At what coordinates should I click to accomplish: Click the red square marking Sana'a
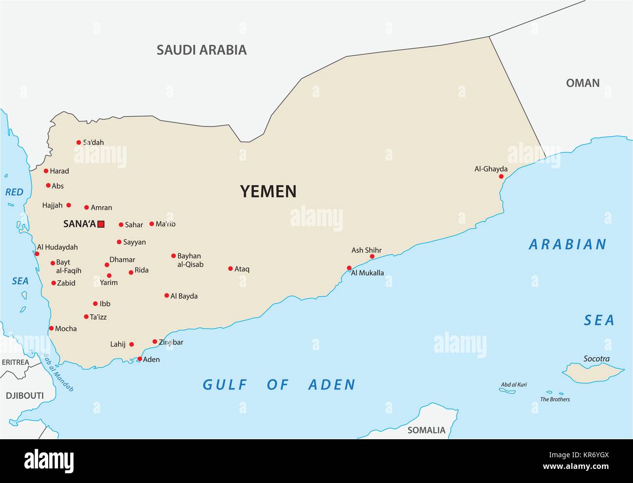click(x=101, y=224)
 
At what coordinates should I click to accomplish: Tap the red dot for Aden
click(x=140, y=359)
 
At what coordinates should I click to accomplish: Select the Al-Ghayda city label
click(x=491, y=169)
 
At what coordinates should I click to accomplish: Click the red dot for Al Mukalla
click(x=349, y=268)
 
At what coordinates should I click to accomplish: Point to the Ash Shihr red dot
click(x=372, y=256)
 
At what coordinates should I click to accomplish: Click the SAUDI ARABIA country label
click(x=202, y=50)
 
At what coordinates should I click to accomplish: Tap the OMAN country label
click(x=582, y=83)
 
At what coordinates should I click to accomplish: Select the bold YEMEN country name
click(x=268, y=191)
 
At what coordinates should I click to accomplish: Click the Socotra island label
click(x=596, y=359)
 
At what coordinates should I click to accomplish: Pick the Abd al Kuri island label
click(x=514, y=385)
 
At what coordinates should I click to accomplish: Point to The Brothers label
click(x=555, y=399)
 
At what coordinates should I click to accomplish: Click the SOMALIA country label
click(x=426, y=430)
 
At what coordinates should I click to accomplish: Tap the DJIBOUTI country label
click(x=24, y=395)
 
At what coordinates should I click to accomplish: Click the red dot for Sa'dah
click(x=78, y=143)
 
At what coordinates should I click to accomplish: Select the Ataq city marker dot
click(x=230, y=268)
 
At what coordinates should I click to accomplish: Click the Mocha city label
click(x=66, y=329)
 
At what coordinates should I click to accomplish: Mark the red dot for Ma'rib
click(x=152, y=224)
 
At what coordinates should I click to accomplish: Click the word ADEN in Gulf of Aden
click(x=332, y=385)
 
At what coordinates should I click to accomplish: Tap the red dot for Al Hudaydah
click(x=37, y=253)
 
